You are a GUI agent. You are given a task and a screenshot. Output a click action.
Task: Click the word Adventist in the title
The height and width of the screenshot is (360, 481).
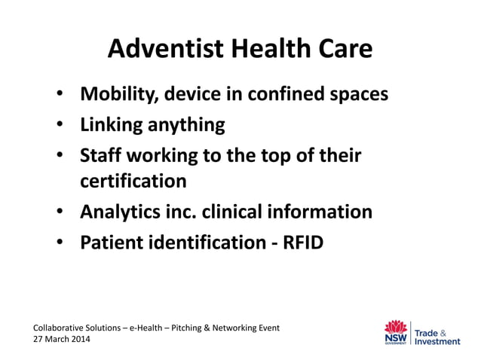click(x=157, y=48)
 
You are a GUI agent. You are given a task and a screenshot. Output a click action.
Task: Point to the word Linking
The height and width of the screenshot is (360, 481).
click(x=113, y=124)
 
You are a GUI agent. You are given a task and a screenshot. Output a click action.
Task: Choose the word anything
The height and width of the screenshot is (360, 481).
click(x=188, y=125)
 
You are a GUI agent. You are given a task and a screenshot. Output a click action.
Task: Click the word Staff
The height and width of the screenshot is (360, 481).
click(x=101, y=155)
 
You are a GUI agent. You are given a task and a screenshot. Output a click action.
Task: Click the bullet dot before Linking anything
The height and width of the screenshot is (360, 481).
click(x=60, y=125)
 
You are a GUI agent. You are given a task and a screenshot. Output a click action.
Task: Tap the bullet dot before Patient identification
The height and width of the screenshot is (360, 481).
click(x=60, y=243)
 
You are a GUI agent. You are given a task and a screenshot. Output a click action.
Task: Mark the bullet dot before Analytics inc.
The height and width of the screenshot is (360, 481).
click(x=60, y=212)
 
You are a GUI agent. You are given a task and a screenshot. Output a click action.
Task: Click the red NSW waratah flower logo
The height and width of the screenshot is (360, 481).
click(x=395, y=326)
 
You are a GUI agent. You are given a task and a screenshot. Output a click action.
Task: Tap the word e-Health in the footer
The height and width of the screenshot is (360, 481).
click(x=148, y=328)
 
